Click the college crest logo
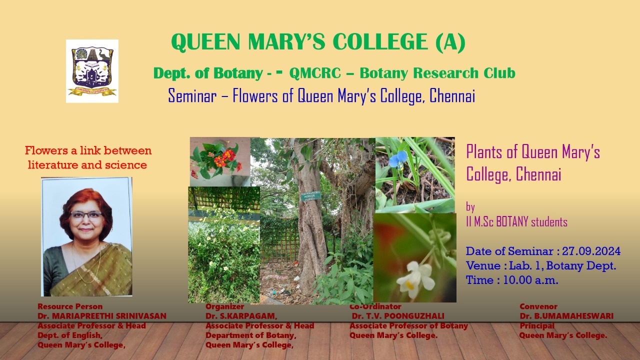pyautogui.click(x=92, y=71)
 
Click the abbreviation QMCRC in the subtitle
pyautogui.click(x=315, y=73)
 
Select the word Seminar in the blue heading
pyautogui.click(x=192, y=95)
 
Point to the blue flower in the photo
pyautogui.click(x=398, y=159)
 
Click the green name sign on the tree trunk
pyautogui.click(x=311, y=196)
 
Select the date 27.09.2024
pyautogui.click(x=591, y=251)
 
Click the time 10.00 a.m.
pyautogui.click(x=530, y=280)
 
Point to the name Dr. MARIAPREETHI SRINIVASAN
pyautogui.click(x=102, y=316)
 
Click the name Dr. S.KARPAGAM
pyautogui.click(x=241, y=316)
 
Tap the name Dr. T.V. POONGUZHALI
pyautogui.click(x=398, y=316)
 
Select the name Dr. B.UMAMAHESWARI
pyautogui.click(x=566, y=316)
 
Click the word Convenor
pyautogui.click(x=538, y=306)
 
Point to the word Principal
pyautogui.click(x=537, y=325)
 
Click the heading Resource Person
pyautogui.click(x=70, y=306)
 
